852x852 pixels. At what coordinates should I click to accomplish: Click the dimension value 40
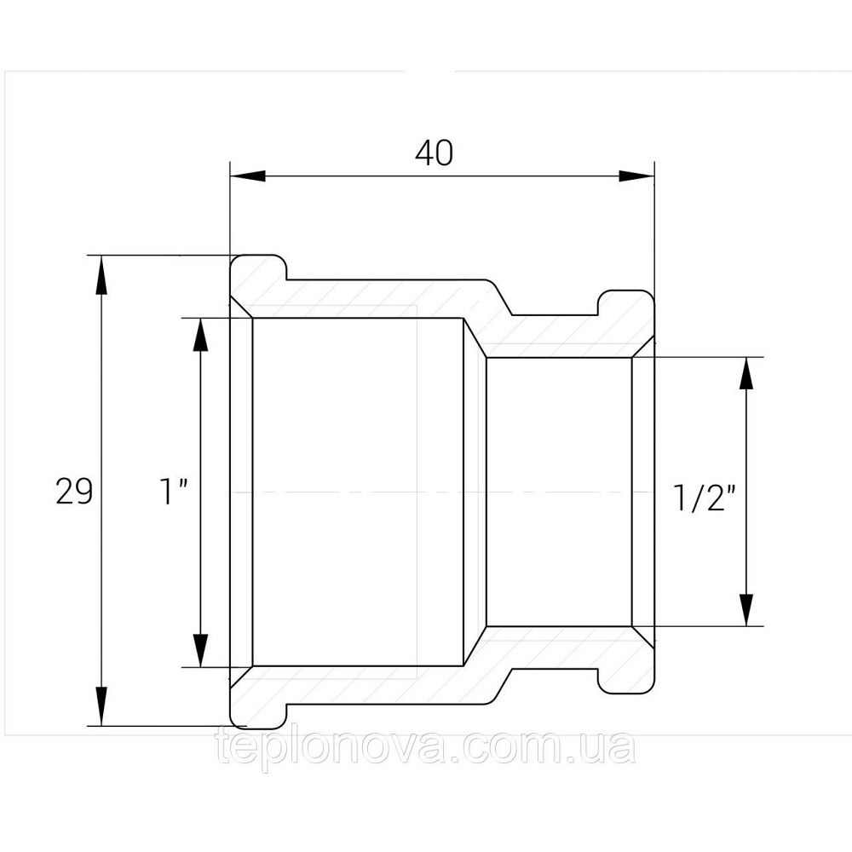(x=434, y=153)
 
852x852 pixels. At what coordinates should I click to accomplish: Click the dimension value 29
(x=74, y=492)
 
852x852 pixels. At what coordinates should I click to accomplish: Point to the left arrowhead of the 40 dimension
(x=248, y=176)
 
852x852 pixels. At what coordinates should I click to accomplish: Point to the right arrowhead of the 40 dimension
(x=636, y=176)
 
